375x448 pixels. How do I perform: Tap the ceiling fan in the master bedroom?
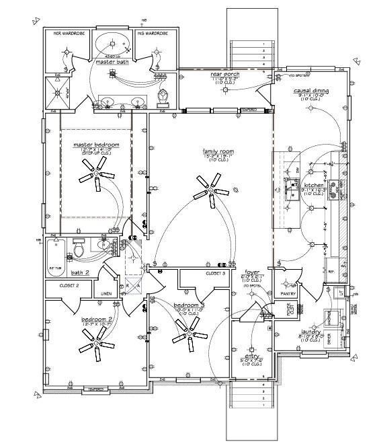(x=95, y=174)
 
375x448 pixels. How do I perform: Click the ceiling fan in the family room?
(x=210, y=190)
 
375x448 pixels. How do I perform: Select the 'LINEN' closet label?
(x=106, y=294)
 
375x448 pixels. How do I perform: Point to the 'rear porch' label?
(x=224, y=74)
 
